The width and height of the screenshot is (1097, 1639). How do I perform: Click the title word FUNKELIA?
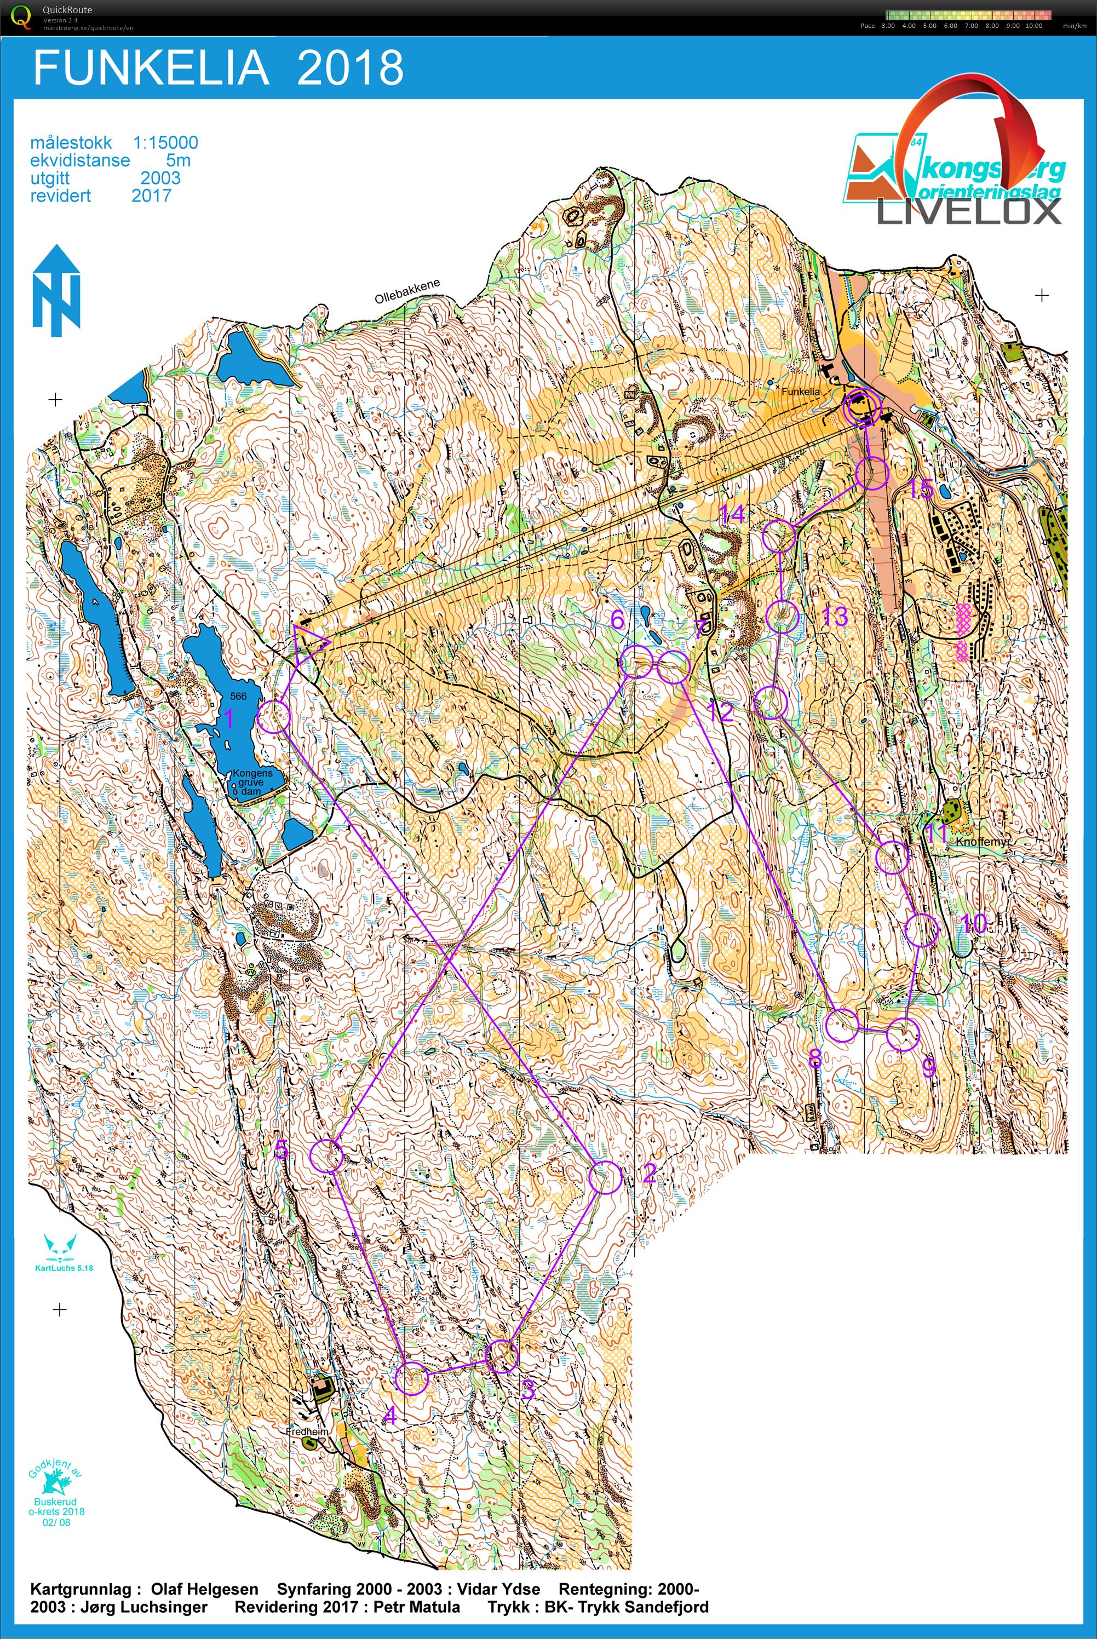(151, 68)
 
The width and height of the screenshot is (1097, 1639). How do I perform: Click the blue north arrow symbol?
(56, 290)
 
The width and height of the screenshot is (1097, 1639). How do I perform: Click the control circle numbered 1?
(274, 716)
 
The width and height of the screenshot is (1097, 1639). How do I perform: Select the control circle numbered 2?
(605, 1177)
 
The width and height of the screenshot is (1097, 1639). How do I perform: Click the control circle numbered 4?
(411, 1379)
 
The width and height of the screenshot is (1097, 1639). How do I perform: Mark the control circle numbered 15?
(872, 473)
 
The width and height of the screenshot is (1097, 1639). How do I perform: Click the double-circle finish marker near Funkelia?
(860, 406)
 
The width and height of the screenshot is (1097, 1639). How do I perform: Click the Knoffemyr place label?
(983, 842)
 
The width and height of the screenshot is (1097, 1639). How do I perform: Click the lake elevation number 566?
(239, 696)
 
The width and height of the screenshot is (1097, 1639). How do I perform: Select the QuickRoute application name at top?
(67, 10)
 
